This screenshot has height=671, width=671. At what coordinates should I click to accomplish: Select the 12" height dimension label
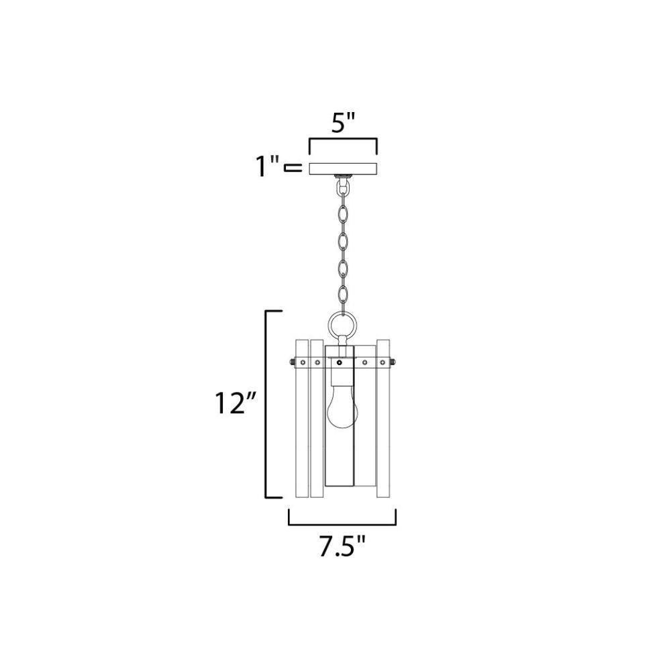coord(236,403)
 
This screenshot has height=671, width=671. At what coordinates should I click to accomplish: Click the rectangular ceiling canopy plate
coord(343,168)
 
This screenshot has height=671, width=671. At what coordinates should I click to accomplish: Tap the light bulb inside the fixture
coord(342,409)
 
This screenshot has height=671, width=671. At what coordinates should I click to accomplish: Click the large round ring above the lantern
coord(342,324)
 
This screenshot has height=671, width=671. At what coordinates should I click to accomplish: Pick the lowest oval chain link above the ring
coord(342,295)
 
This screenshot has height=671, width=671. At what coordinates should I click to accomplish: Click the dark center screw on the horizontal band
coord(340,363)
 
